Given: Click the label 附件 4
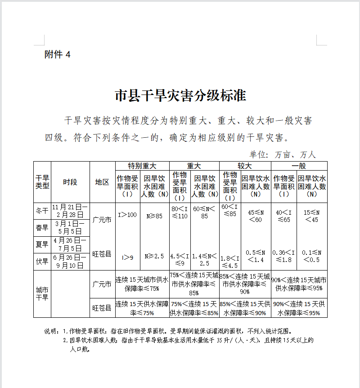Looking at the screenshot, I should (58, 54).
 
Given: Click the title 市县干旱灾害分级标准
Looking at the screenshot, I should (180, 95).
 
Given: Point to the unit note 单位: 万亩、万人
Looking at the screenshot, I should (283, 154).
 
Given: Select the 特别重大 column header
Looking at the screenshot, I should (142, 166).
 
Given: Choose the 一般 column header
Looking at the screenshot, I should (298, 166).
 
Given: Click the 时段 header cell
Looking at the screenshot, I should (70, 182).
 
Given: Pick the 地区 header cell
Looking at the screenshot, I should (102, 182).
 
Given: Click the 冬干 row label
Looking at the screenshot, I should (42, 211).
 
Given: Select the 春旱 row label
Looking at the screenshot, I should (42, 228).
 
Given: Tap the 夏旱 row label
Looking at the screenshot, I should (42, 244).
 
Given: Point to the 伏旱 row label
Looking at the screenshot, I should (42, 262).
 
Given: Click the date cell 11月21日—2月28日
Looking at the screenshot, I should (70, 211).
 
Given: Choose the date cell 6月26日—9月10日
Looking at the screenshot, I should (70, 262).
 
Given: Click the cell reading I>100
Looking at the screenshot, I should (127, 215).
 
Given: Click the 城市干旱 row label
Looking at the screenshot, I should (42, 294).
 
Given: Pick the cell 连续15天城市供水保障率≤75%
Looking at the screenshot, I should (142, 284).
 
